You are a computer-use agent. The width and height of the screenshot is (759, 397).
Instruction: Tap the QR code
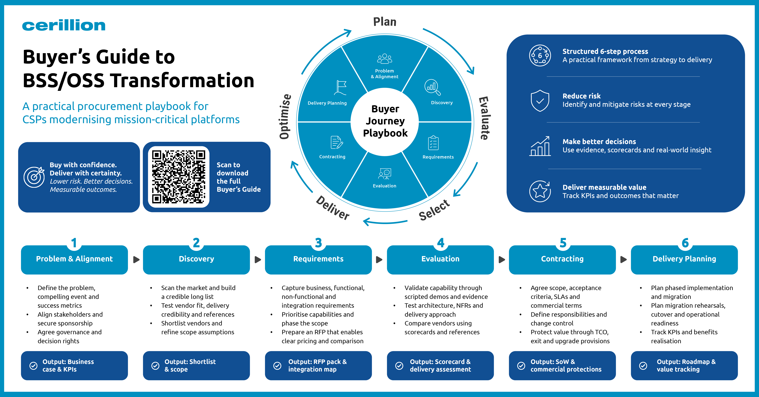(x=178, y=177)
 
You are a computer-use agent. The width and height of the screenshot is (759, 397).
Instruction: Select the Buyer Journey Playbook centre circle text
(x=385, y=121)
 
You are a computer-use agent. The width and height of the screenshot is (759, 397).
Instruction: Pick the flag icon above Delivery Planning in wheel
(x=341, y=88)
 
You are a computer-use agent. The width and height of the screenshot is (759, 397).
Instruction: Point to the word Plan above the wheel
(x=385, y=22)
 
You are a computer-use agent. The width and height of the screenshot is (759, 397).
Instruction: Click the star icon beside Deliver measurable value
(x=540, y=191)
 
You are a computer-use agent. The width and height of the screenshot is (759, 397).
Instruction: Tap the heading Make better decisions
(x=599, y=142)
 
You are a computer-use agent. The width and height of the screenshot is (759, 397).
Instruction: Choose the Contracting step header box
(x=562, y=260)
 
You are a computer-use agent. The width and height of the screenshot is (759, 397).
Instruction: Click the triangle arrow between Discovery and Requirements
(x=258, y=260)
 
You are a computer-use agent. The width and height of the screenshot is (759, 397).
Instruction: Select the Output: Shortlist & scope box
(x=196, y=365)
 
